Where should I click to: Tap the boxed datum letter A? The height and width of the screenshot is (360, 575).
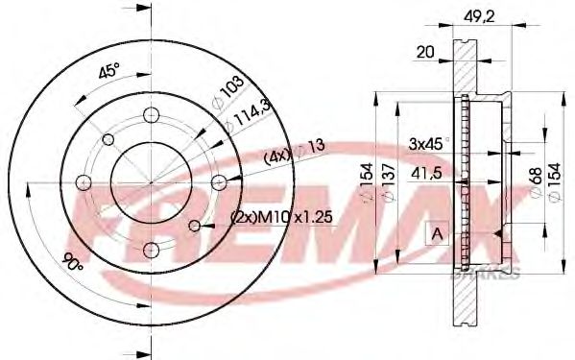pos(437,232)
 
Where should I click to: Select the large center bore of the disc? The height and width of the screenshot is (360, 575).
pos(150,181)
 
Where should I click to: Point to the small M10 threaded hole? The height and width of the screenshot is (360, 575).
pos(196,226)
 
